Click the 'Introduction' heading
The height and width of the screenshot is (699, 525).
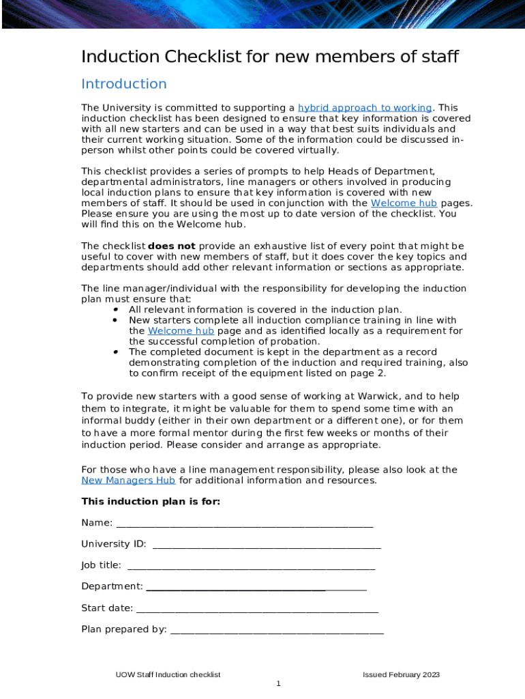(x=123, y=84)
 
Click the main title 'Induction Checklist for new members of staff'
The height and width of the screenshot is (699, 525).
(x=270, y=57)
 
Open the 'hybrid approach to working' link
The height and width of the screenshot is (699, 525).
(x=365, y=108)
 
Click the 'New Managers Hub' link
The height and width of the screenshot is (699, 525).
(x=128, y=481)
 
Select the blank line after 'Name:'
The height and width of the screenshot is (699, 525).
(x=245, y=524)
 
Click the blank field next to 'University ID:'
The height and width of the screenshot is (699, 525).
(x=267, y=545)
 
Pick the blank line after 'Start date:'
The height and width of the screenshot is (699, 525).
(x=257, y=609)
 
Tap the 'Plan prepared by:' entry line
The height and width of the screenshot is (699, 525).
(x=277, y=630)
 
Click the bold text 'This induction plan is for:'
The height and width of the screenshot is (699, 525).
(x=151, y=502)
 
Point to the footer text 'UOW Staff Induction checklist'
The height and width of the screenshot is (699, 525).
(x=168, y=675)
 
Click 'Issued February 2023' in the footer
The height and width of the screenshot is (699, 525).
(x=401, y=675)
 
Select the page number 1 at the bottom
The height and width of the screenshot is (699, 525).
(x=278, y=684)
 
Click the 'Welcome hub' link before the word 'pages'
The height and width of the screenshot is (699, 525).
(x=404, y=203)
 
